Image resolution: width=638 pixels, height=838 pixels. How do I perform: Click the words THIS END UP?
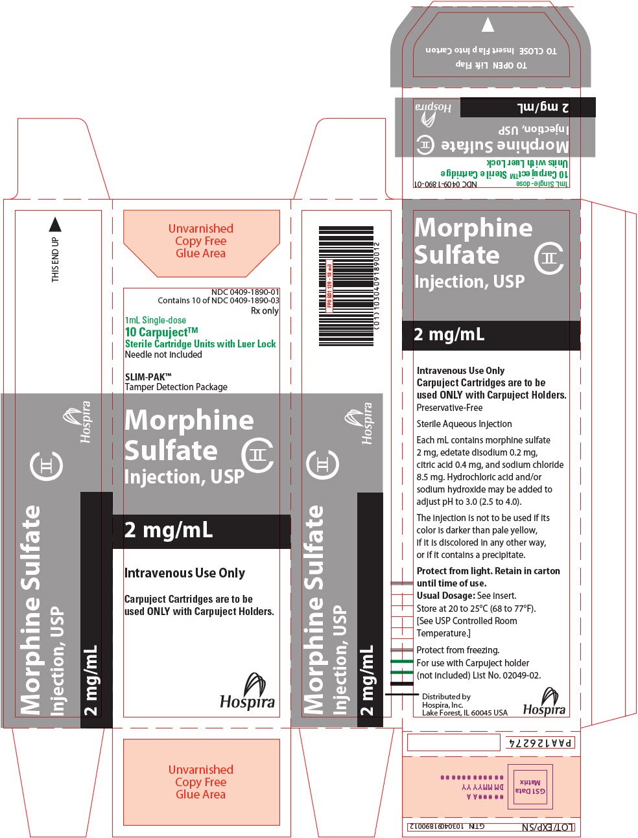tap(55, 259)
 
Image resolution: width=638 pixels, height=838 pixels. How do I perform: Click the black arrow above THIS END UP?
tap(55, 224)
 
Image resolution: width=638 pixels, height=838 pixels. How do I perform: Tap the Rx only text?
tap(265, 310)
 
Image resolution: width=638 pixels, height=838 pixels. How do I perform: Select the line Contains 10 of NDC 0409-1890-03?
tap(218, 301)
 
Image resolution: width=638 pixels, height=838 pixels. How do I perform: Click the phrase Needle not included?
tap(163, 355)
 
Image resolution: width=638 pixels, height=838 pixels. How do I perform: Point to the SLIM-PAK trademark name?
tap(148, 377)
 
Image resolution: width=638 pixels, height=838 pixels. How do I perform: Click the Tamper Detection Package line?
tap(176, 387)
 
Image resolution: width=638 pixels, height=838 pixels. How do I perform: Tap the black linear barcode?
tap(346, 286)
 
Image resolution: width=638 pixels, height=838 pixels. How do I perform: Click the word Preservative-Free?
tap(449, 408)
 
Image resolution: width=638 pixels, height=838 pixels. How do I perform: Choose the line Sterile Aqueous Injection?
tap(464, 424)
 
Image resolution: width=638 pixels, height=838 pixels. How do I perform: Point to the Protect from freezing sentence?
tap(458, 650)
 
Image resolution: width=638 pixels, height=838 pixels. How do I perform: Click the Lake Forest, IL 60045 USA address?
tap(464, 713)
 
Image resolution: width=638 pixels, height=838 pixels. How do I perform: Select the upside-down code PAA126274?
tap(539, 743)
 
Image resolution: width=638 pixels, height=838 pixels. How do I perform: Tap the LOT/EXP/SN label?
tap(548, 828)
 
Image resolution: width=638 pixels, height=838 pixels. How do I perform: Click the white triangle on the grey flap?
tap(488, 25)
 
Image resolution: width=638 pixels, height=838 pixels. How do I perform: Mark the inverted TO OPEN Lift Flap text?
tap(491, 65)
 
